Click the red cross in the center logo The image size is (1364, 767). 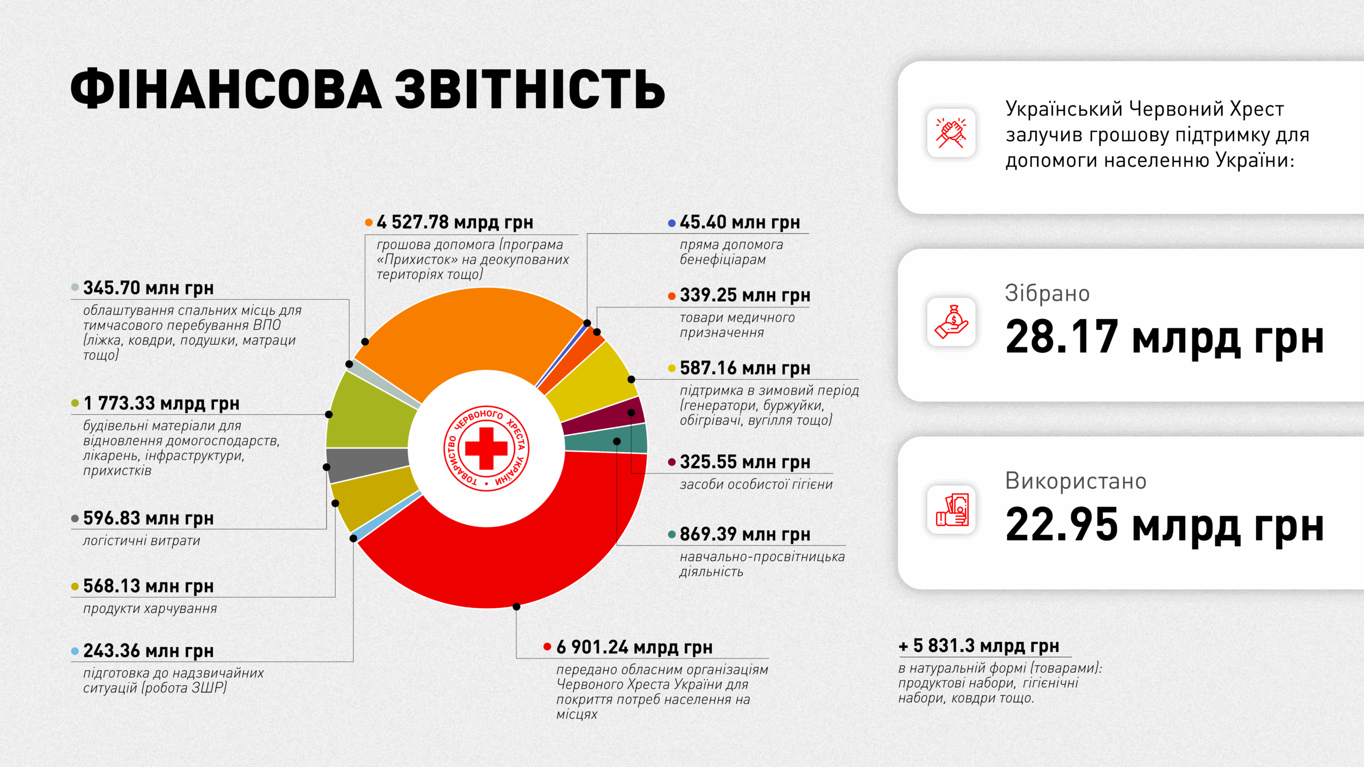[486, 448]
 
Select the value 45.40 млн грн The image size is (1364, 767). [740, 222]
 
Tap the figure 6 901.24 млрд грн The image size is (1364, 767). [634, 647]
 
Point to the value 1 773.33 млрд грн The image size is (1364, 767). [161, 403]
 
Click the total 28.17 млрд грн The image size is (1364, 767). [1164, 337]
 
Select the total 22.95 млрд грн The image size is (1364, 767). [1164, 525]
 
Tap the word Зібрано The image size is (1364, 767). [1047, 293]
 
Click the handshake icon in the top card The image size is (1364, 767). [951, 133]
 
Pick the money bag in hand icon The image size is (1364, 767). [951, 322]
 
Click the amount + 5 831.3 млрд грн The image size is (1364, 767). [979, 646]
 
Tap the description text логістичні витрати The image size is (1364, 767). [142, 541]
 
